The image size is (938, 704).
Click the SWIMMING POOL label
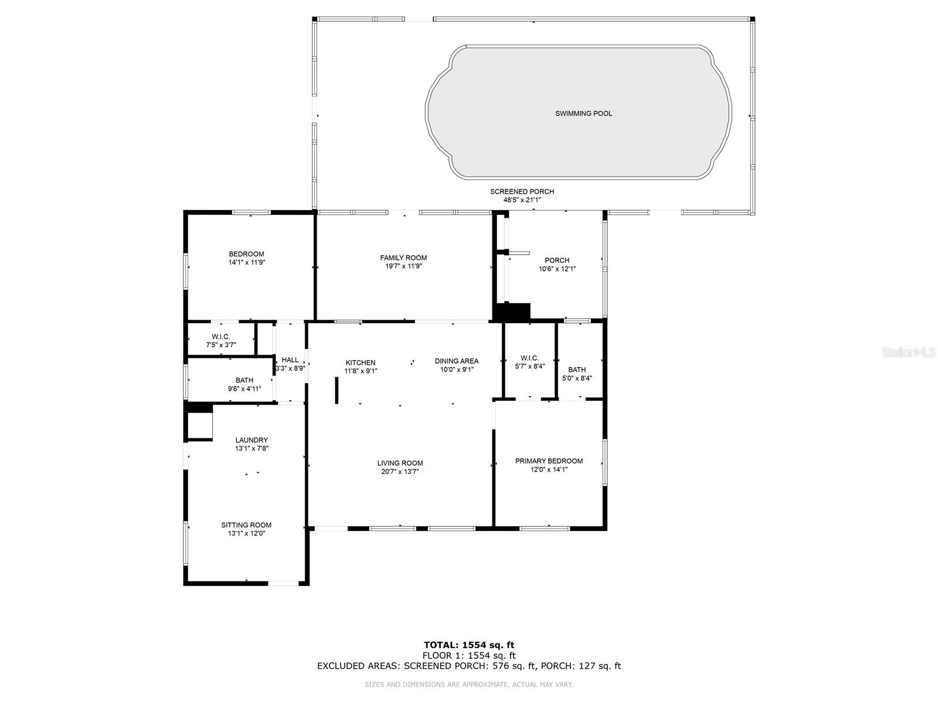(583, 113)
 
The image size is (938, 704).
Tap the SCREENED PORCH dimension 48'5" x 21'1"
(522, 200)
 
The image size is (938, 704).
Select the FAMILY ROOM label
(403, 258)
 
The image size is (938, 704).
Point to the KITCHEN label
(360, 363)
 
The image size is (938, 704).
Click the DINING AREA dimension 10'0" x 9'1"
(457, 370)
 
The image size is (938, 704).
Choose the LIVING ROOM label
(400, 463)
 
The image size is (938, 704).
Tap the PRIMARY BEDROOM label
(549, 461)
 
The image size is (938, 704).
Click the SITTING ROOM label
(246, 525)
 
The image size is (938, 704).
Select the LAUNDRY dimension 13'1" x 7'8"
(252, 448)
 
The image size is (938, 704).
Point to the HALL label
(290, 360)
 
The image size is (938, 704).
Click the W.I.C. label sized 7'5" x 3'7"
(220, 337)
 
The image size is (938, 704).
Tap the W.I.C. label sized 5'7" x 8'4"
(529, 358)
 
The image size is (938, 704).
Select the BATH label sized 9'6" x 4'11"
(244, 380)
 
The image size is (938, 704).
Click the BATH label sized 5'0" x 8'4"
(577, 370)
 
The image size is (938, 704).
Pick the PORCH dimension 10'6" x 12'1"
(557, 269)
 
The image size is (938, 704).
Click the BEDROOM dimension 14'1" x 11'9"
(246, 263)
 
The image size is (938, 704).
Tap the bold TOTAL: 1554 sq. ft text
(469, 645)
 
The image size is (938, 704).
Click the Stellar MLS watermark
(909, 352)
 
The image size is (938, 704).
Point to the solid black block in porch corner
(512, 312)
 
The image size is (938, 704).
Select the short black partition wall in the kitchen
(337, 390)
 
